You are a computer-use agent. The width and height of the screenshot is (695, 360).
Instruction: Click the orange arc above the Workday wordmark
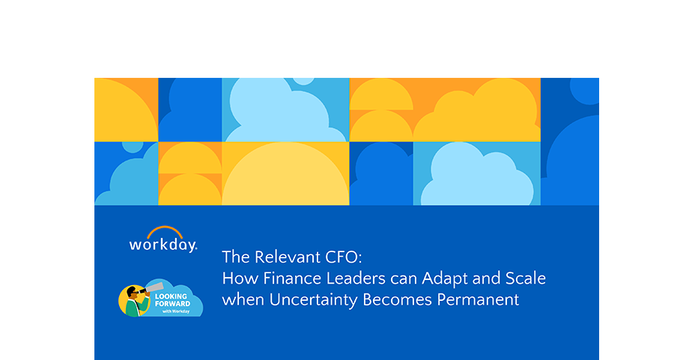[x=165, y=229]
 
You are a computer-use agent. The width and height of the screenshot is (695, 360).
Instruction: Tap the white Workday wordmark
[x=163, y=245]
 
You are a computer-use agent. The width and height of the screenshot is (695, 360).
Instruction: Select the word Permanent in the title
[x=478, y=300]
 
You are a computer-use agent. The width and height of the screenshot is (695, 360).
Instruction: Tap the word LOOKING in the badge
[x=171, y=296]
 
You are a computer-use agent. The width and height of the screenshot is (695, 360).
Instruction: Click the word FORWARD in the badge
[x=172, y=304]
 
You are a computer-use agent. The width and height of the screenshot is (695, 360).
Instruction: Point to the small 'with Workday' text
[x=176, y=311]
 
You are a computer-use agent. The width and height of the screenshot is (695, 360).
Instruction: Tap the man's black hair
[x=131, y=290]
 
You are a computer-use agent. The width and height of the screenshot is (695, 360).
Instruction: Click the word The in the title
[x=236, y=257]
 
